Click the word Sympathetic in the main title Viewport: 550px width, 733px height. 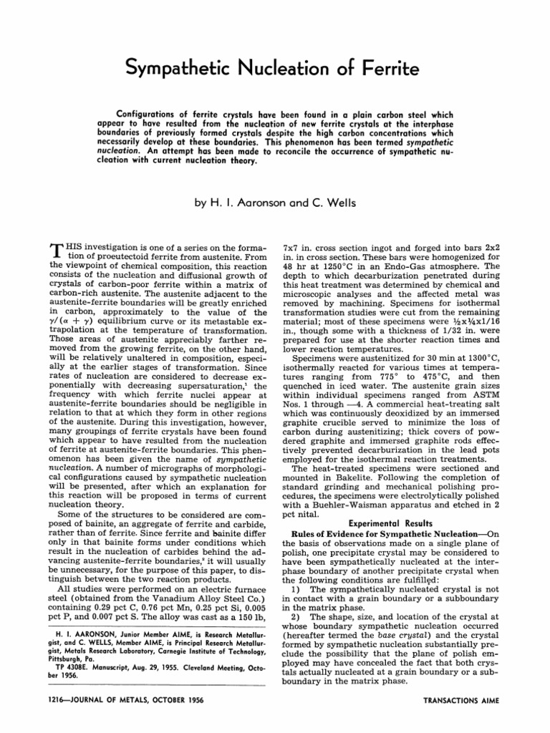coord(185,68)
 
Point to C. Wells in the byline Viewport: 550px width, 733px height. coord(332,203)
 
